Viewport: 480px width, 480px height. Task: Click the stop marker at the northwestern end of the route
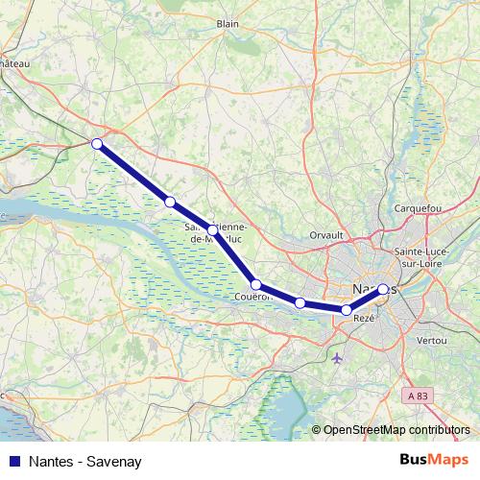pyautogui.click(x=96, y=144)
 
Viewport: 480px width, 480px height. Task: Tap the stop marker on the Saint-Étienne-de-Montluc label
pyautogui.click(x=213, y=229)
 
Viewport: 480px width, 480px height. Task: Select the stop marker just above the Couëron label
pyautogui.click(x=256, y=284)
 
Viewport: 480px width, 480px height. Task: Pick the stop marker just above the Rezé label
pyautogui.click(x=347, y=309)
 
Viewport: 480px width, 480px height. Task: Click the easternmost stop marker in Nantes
pyautogui.click(x=383, y=289)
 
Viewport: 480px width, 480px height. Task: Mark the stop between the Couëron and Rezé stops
pyautogui.click(x=300, y=303)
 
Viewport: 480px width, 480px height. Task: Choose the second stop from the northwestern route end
pyautogui.click(x=170, y=202)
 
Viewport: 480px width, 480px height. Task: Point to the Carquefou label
pyautogui.click(x=418, y=208)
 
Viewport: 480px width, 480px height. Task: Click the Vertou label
pyautogui.click(x=433, y=341)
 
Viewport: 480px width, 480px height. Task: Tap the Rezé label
pyautogui.click(x=364, y=318)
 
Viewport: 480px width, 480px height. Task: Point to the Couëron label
pyautogui.click(x=253, y=297)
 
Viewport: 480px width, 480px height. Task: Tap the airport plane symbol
pyautogui.click(x=336, y=359)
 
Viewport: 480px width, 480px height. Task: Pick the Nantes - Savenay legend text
pyautogui.click(x=85, y=462)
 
